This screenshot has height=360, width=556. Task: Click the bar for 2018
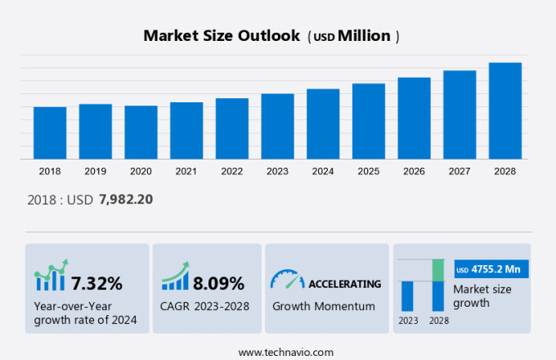click(50, 133)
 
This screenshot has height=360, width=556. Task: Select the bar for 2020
click(141, 132)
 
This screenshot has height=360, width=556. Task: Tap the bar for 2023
click(277, 126)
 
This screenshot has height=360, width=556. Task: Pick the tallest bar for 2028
click(504, 110)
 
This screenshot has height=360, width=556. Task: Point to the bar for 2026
click(414, 118)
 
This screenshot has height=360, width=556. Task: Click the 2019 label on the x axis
click(95, 171)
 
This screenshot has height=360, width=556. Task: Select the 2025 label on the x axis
click(368, 171)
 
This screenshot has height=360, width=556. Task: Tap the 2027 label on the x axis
click(460, 171)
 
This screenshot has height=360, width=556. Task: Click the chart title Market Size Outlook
click(221, 36)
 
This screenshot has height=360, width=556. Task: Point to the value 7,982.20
click(126, 199)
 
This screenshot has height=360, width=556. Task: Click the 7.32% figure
click(96, 284)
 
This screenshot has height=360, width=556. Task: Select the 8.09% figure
click(218, 284)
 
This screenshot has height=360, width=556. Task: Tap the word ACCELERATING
click(344, 284)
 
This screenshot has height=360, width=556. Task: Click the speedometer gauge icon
click(286, 279)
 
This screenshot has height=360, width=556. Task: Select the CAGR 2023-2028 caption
click(204, 307)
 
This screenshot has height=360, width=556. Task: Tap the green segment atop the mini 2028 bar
click(438, 269)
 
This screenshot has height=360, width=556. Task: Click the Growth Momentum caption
click(323, 307)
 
